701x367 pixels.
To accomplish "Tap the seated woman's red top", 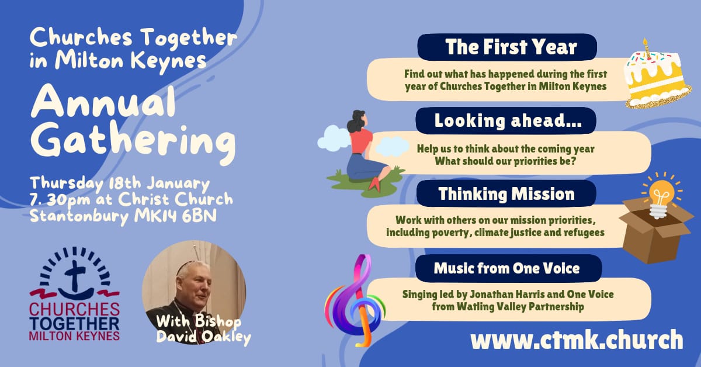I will pos(360,140).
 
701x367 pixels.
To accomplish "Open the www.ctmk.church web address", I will pos(576,340).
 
